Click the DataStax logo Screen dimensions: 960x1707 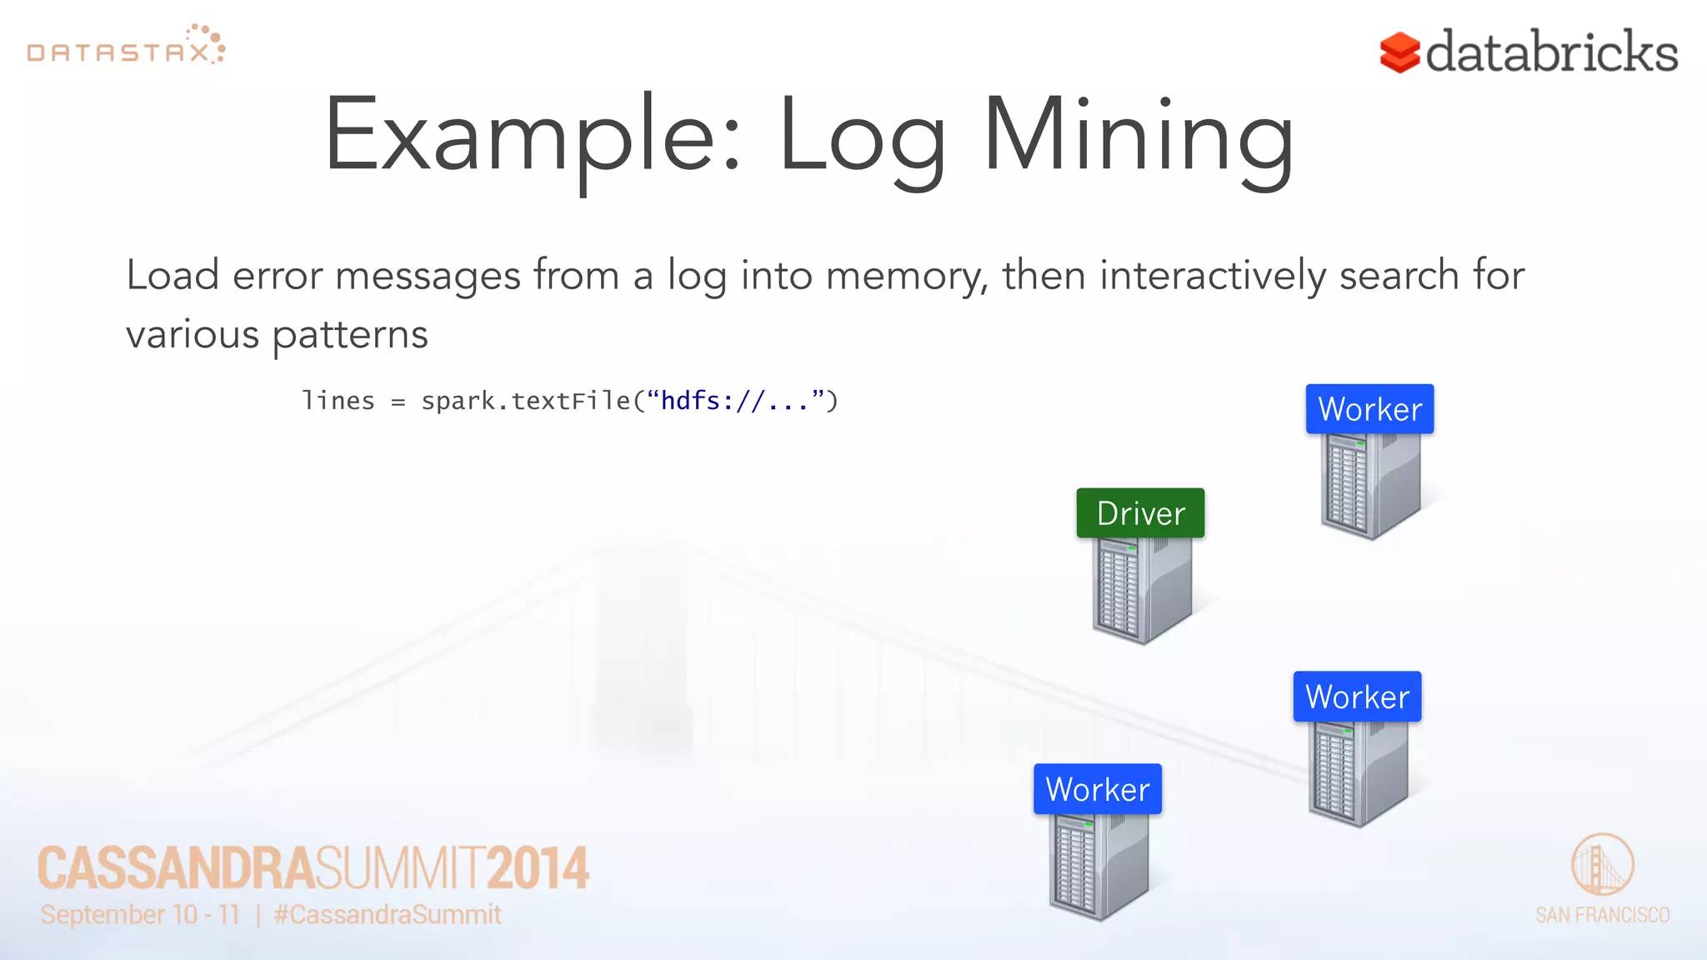pyautogui.click(x=125, y=47)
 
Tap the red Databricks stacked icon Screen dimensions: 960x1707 pyautogui.click(x=1399, y=52)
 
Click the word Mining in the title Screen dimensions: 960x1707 pyautogui.click(x=1138, y=137)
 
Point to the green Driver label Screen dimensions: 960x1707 pyautogui.click(x=1140, y=513)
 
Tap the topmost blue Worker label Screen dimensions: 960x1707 pyautogui.click(x=1369, y=409)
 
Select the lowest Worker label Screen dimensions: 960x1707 pyautogui.click(x=1097, y=789)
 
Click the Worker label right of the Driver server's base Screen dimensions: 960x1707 pyautogui.click(x=1357, y=697)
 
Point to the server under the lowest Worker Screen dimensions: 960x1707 pyautogui.click(x=1097, y=866)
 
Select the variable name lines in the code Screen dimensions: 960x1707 pyautogui.click(x=338, y=401)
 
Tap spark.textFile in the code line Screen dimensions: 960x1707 pyautogui.click(x=525, y=401)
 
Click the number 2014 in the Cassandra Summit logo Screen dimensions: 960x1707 pyautogui.click(x=538, y=868)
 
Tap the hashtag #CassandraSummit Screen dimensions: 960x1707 pyautogui.click(x=388, y=914)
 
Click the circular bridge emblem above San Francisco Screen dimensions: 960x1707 pyautogui.click(x=1602, y=864)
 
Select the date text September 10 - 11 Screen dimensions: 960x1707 pyautogui.click(x=140, y=914)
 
